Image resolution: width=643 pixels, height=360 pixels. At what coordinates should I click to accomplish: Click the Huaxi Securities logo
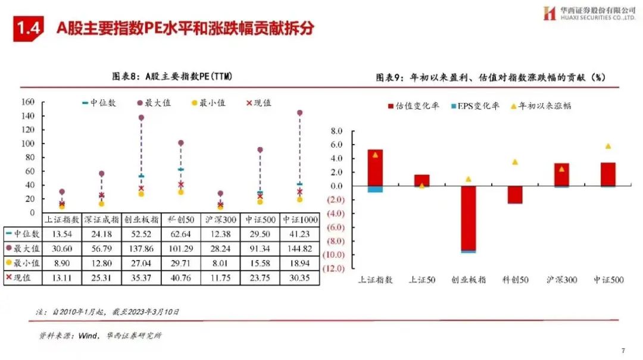click(x=549, y=13)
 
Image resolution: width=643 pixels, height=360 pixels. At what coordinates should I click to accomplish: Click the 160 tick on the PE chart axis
click(x=28, y=102)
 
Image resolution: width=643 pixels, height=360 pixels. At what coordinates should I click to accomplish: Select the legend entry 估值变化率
click(x=417, y=106)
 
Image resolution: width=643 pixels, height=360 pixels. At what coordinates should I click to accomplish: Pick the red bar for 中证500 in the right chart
click(x=607, y=174)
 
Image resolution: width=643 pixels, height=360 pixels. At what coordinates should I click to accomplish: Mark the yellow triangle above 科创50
click(x=514, y=162)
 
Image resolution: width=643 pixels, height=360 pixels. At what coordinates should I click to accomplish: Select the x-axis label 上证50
click(x=421, y=280)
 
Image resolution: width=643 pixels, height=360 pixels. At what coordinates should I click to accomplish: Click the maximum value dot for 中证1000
click(x=299, y=112)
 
